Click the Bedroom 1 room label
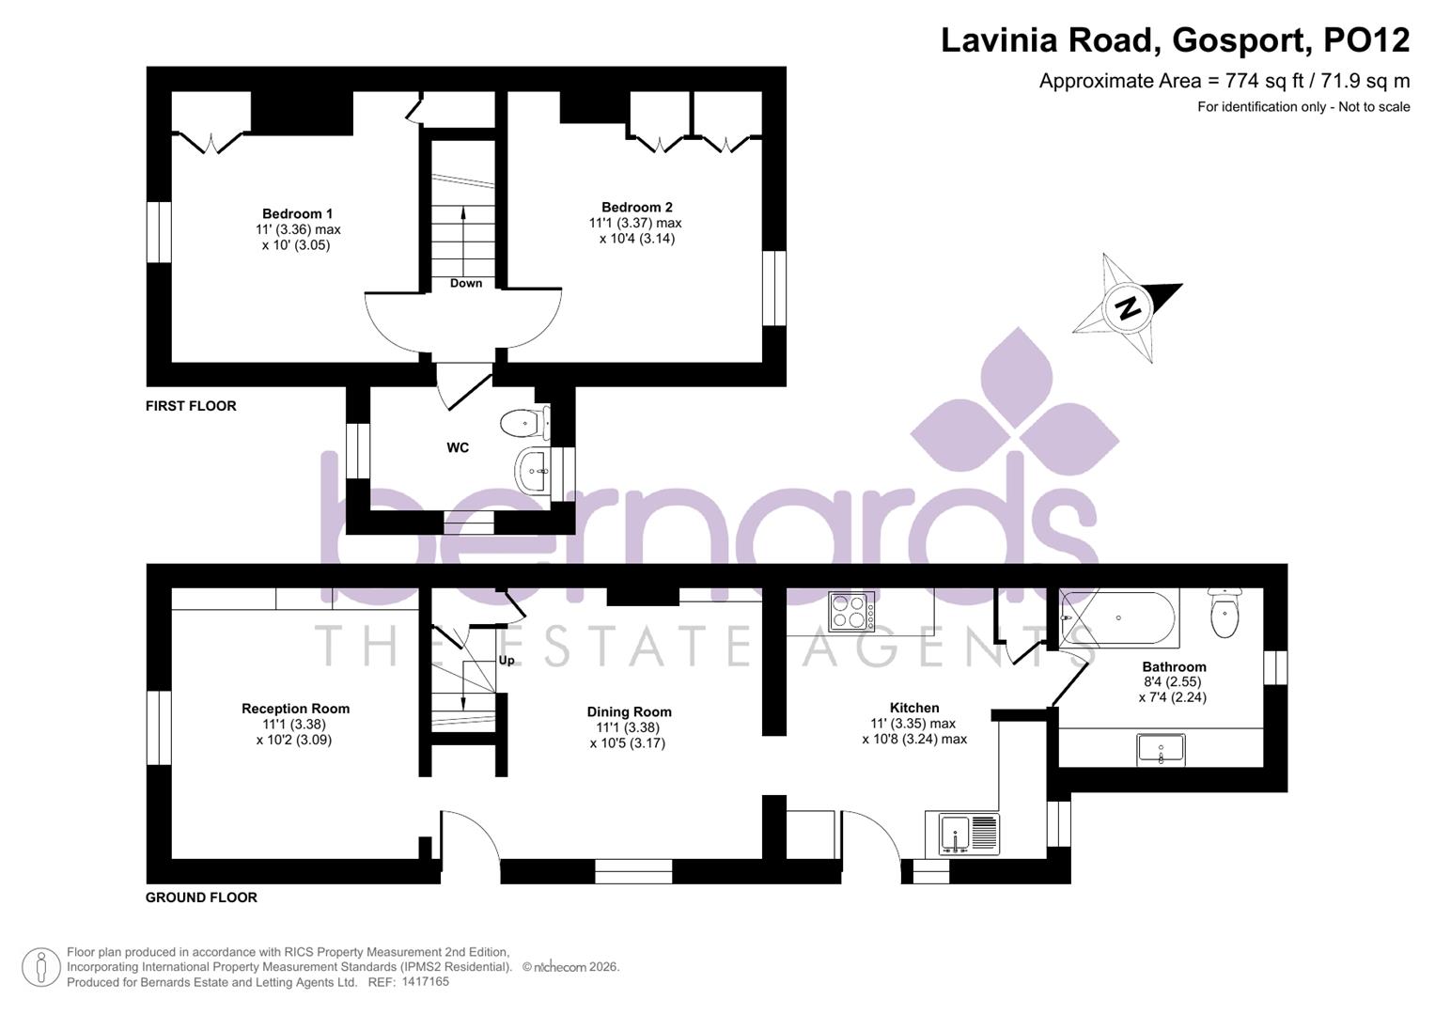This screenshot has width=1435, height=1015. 297,213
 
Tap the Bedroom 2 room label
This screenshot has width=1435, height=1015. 637,207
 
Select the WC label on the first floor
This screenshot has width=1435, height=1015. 458,447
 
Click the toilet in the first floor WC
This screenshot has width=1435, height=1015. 523,423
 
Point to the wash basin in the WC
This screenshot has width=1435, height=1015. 535,467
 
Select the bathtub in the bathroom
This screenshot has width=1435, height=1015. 1118,618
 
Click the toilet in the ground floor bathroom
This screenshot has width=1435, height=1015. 1224,616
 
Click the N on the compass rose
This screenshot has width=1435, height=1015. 1128,307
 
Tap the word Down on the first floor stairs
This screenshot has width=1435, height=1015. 466,283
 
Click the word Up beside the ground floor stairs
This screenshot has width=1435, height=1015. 507,660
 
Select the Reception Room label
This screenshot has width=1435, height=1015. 295,709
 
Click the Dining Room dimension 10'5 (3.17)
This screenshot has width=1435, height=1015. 628,743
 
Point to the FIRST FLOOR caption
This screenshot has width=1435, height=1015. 191,406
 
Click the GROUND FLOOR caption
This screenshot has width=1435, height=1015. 201,898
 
